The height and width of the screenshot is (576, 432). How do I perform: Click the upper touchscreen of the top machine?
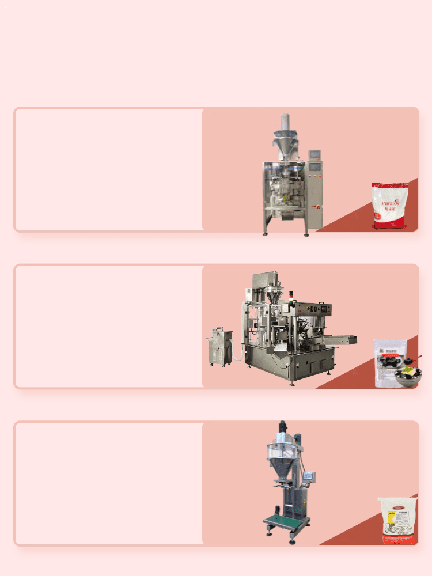tap(314, 156)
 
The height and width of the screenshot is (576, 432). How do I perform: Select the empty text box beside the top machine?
tap(109, 169)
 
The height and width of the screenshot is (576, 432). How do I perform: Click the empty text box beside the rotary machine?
tap(109, 327)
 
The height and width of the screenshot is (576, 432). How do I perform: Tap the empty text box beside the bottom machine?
tap(109, 483)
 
